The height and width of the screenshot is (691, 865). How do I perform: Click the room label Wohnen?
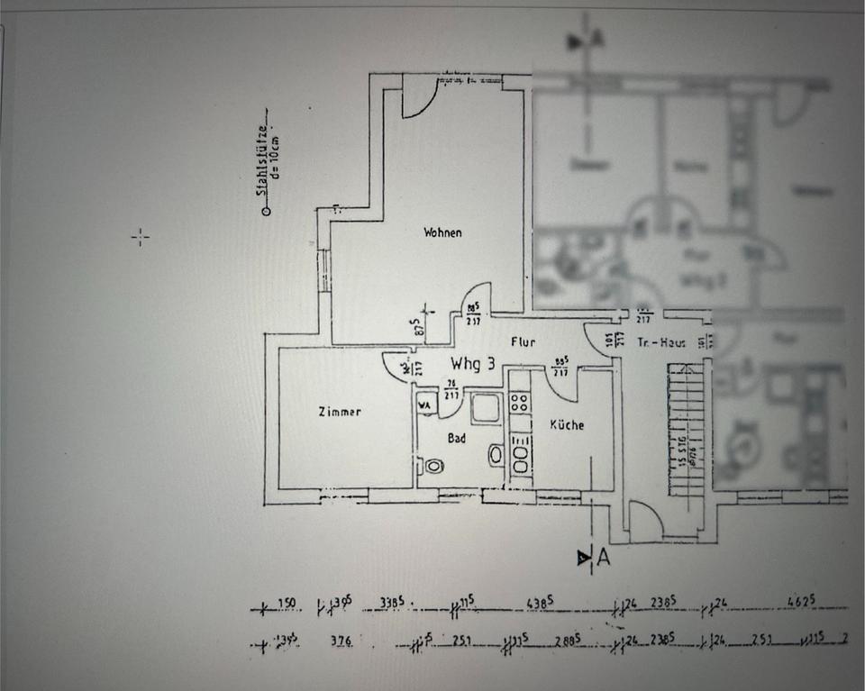(x=442, y=232)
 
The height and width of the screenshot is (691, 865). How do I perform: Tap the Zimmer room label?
(x=340, y=412)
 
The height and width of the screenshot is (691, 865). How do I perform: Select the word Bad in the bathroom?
(x=458, y=436)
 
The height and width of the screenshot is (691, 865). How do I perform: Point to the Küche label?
(x=567, y=424)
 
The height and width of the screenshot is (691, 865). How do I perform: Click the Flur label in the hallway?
(x=523, y=342)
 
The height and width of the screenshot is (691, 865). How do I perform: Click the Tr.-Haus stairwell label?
(x=657, y=343)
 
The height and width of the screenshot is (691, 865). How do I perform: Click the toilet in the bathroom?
(x=433, y=467)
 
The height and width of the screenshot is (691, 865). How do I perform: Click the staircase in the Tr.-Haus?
(x=684, y=428)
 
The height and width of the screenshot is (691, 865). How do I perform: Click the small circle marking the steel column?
(x=266, y=213)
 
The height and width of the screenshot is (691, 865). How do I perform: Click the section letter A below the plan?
(x=603, y=559)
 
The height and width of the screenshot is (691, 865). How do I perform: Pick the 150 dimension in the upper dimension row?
(x=287, y=603)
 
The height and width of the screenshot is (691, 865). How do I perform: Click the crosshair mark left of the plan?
(x=140, y=237)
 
